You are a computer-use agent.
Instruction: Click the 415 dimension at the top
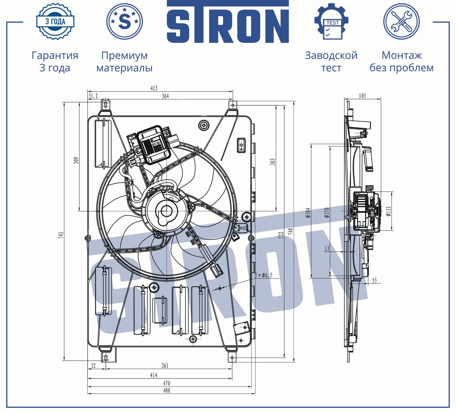154,88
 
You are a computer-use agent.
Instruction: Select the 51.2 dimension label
93,96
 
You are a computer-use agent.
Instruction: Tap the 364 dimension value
165,96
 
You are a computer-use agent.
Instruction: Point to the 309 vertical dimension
76,160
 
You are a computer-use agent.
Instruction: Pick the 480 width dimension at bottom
167,390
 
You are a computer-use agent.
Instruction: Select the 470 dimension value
167,383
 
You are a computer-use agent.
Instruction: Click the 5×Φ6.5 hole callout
263,275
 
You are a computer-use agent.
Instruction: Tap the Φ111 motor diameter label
389,211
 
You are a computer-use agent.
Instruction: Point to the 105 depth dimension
362,96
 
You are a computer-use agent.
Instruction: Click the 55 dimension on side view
374,281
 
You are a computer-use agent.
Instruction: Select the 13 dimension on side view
327,248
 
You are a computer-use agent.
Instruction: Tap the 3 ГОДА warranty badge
55,21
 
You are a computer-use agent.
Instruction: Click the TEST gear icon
331,22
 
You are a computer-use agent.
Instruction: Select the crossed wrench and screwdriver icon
401,22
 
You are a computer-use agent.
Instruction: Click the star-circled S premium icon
124,21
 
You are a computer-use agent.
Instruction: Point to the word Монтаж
402,56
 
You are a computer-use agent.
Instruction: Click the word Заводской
331,56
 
